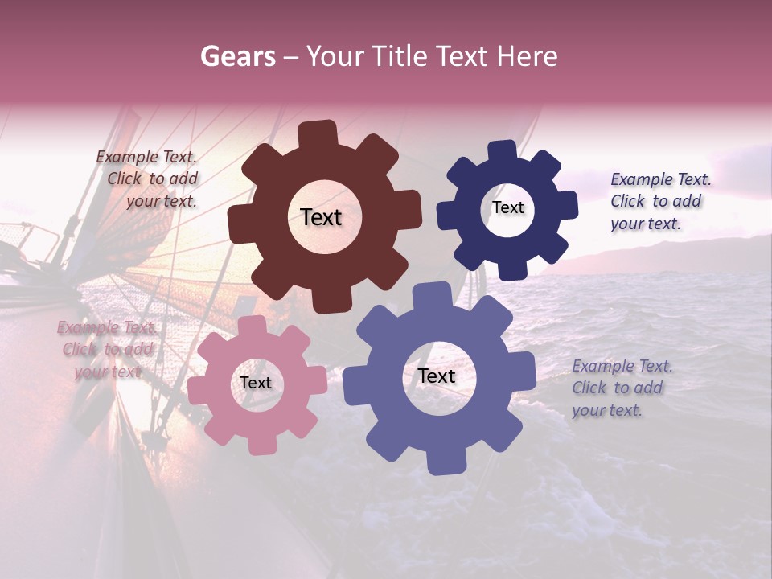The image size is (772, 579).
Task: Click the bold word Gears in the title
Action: tap(237, 56)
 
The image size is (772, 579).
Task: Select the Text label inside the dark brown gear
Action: tap(321, 217)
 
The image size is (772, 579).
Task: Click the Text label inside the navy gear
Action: tap(507, 207)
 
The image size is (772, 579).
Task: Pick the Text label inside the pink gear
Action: tap(256, 383)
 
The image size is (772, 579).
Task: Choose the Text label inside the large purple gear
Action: tap(437, 376)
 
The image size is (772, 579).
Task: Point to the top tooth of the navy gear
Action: tap(503, 150)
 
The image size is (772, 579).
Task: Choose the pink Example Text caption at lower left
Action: tap(106, 350)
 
